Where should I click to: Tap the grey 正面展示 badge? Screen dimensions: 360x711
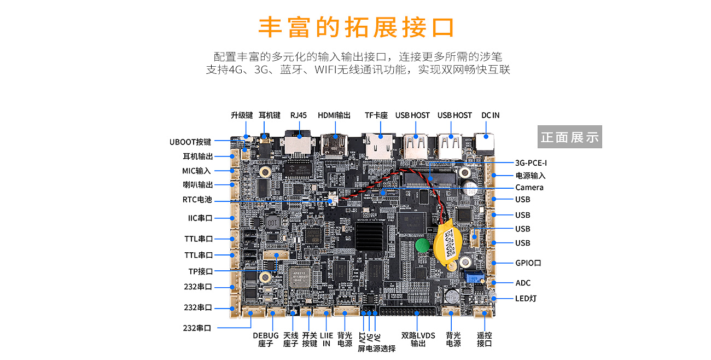(569, 137)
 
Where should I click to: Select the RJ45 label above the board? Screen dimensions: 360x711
(299, 115)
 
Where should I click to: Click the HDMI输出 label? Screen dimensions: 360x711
(334, 115)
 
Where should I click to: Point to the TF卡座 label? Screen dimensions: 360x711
(376, 115)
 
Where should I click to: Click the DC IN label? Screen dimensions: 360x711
(490, 115)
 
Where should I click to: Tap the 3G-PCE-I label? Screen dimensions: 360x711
(531, 162)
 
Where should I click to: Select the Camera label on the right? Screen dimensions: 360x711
(529, 188)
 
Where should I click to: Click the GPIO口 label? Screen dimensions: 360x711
(528, 263)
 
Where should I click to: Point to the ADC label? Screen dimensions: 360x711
(523, 283)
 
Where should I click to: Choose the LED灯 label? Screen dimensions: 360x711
(526, 299)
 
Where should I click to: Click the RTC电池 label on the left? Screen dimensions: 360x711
(197, 200)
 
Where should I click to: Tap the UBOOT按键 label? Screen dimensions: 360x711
(190, 142)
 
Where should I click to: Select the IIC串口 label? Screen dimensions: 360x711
(200, 218)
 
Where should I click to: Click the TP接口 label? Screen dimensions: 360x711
(200, 271)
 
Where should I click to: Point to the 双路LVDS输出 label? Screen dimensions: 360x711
(418, 339)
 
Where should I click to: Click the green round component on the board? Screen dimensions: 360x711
(421, 245)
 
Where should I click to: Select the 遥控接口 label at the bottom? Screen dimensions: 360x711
(484, 339)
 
